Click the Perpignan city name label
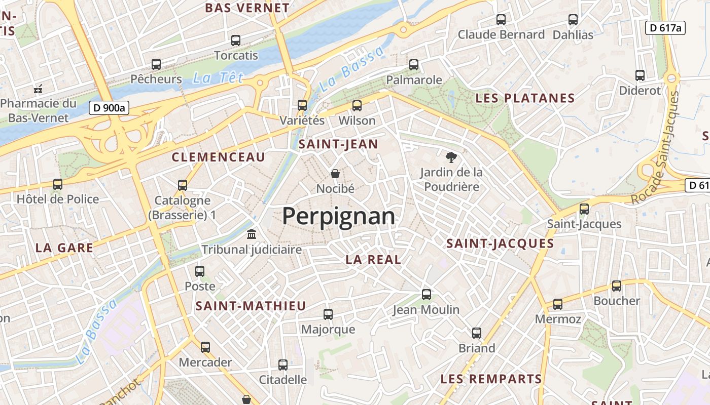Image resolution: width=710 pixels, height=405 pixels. pos(338,216)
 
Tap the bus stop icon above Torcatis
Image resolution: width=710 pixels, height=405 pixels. pos(236,40)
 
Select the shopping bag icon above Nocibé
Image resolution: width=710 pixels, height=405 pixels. pos(335,174)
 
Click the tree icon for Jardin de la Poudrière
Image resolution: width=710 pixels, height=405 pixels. pos(451,157)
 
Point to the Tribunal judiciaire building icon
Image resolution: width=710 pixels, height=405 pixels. pos(252,234)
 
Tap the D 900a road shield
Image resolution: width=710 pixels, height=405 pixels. pos(110,107)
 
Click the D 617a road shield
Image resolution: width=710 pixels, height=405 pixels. pos(665,28)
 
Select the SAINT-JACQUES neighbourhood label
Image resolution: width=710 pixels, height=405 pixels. pos(500,244)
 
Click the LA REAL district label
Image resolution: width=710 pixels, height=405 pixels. pos(373,260)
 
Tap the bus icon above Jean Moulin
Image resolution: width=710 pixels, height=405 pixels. pos(427,294)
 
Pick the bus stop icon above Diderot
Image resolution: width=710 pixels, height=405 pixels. pos(640,75)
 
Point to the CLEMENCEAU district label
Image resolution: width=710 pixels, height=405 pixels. pos(219,157)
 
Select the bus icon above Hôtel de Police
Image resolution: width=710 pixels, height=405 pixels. pos(58,184)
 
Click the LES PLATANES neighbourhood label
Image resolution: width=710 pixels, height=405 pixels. pos(525,98)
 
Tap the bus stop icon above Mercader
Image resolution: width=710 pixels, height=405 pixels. pos(205,347)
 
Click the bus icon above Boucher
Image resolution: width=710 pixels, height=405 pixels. pos(617,286)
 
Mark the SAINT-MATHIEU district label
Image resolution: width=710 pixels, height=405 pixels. pos(251,306)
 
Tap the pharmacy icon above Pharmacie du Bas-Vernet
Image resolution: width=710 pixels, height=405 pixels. pos(38,89)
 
